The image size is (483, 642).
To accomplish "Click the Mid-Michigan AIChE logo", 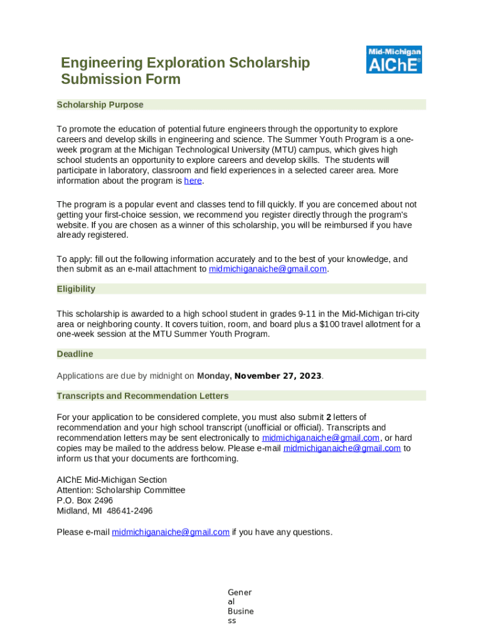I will [x=394, y=60].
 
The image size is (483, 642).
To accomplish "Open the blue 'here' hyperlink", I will [x=193, y=181].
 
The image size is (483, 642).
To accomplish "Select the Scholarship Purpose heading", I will [x=100, y=105].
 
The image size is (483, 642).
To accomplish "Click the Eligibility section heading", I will [x=76, y=289].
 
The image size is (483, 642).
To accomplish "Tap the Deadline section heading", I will [x=75, y=354].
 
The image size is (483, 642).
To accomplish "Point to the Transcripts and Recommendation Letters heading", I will [x=142, y=396].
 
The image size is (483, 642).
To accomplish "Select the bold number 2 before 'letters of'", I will [x=329, y=418].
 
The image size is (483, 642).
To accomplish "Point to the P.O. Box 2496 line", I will [x=85, y=501].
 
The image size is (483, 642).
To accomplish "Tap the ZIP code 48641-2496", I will [x=129, y=511].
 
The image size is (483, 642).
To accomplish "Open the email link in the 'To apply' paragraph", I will [x=268, y=270].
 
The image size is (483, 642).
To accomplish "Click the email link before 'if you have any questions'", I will [x=171, y=532].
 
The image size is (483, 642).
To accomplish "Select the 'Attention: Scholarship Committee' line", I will [x=121, y=490].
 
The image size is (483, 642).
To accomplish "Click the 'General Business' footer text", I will [x=240, y=606].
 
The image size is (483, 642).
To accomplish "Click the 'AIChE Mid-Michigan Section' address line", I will [x=112, y=480].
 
